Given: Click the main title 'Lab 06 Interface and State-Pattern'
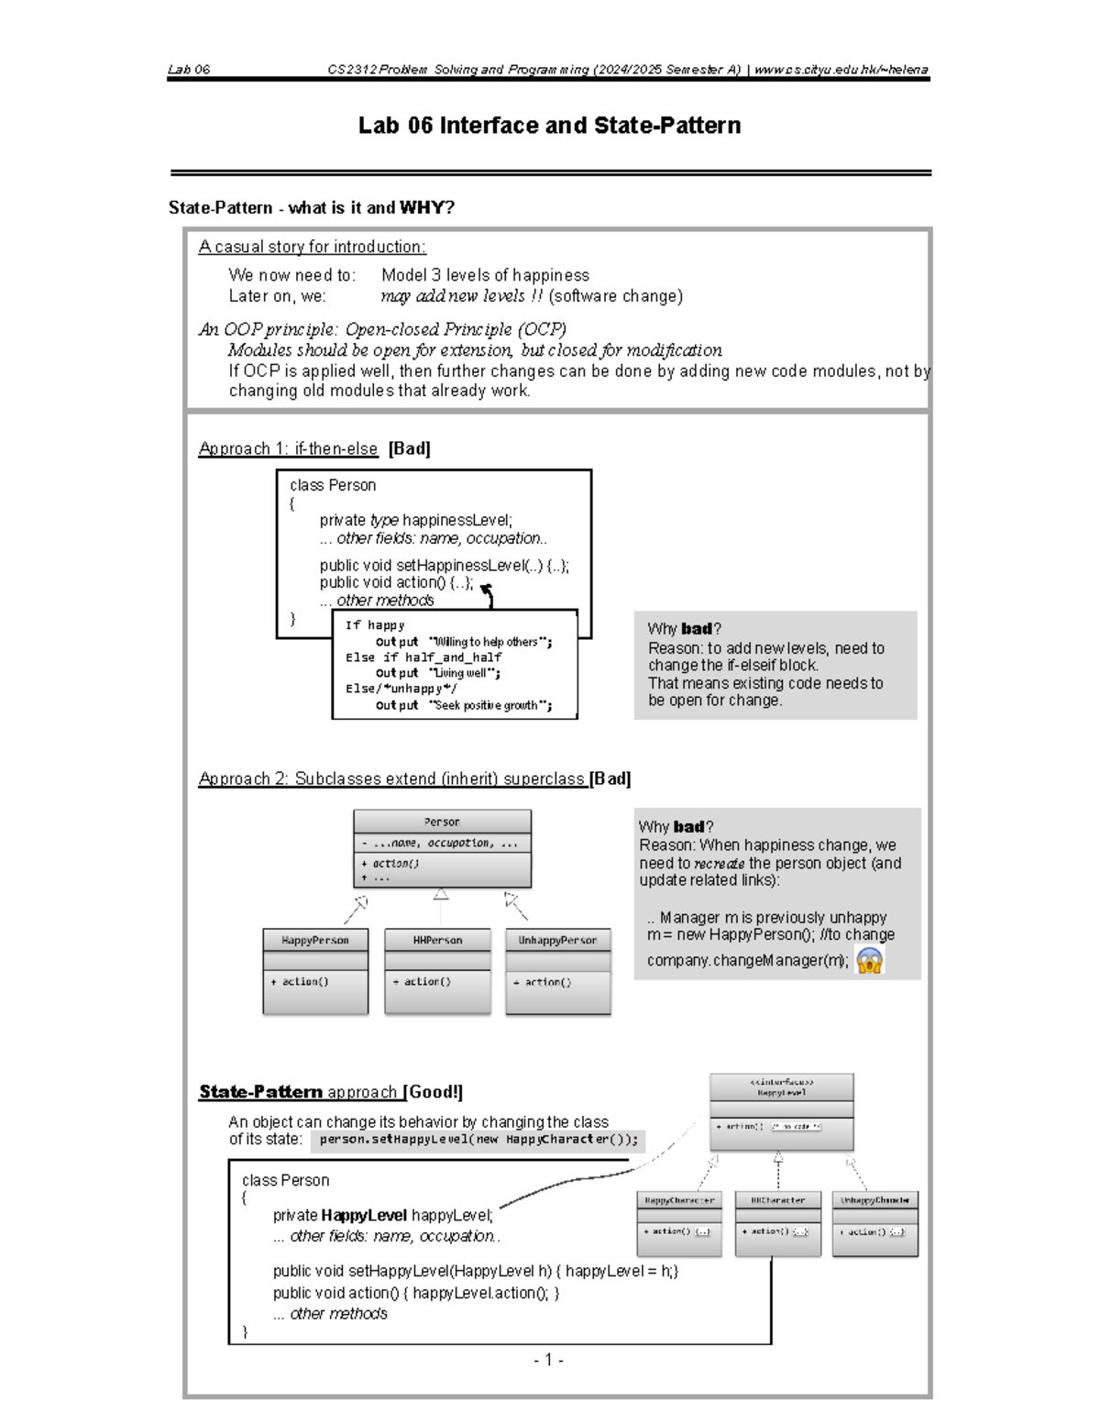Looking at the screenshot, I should pos(549,126).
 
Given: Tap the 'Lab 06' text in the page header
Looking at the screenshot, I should pos(189,70).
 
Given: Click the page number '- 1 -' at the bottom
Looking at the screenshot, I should pos(548,1360).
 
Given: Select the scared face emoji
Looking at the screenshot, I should pos(869,960).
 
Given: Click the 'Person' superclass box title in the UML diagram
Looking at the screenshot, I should pos(442,822).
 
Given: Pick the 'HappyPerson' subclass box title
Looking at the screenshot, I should pos(315,940).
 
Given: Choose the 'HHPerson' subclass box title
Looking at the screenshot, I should pos(437,940).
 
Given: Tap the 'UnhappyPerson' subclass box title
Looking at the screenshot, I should pos(557,940).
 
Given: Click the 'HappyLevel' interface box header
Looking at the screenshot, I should pos(781,1087).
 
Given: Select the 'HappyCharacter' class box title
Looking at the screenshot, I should pos(679,1199).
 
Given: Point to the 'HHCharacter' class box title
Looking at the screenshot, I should pos(777,1199).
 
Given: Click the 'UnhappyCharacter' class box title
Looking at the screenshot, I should pos(874,1199).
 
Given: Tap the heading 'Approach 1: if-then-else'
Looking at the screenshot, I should pos(288,448).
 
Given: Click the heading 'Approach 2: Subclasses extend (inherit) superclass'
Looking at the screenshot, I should pos(392,778).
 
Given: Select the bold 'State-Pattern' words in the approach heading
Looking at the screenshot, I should pos(260,1091).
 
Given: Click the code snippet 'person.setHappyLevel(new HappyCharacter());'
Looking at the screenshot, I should pos(478,1140).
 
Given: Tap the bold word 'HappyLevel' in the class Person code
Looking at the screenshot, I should pos(364,1215).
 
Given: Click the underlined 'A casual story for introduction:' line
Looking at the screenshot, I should pos(312,247).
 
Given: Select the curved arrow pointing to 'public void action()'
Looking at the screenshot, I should pos(488,595).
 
